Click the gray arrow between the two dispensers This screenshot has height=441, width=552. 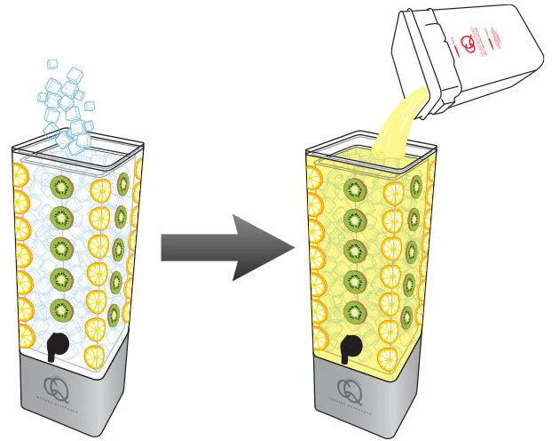(226, 248)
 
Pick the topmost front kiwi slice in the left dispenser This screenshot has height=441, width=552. (61, 187)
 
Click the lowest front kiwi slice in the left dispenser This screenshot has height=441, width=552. (61, 310)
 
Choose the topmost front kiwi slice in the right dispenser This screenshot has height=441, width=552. (356, 190)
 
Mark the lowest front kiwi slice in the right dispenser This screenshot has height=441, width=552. (356, 312)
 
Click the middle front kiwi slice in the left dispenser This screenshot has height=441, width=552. (61, 248)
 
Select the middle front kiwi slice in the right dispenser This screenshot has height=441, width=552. (356, 252)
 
